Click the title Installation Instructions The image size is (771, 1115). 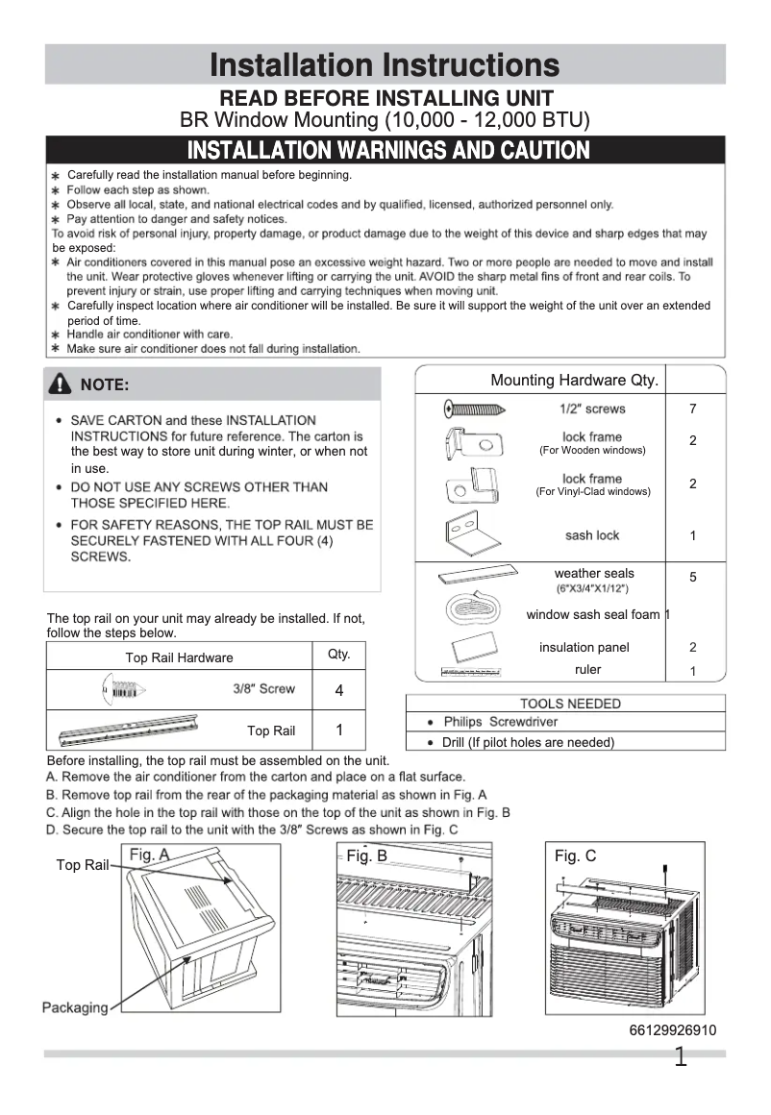[385, 65]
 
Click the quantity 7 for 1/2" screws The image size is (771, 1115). [693, 409]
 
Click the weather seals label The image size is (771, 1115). [593, 574]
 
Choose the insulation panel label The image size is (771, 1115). [584, 648]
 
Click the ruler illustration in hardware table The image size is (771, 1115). [470, 671]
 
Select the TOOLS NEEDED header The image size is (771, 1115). [570, 704]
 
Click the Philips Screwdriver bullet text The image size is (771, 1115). [500, 722]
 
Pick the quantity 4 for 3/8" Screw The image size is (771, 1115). [339, 691]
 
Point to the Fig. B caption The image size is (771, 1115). [366, 855]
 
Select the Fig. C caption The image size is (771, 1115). [575, 855]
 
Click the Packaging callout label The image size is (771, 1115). [75, 1007]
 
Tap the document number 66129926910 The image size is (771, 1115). [672, 1030]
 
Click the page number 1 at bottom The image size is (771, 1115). [681, 1059]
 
